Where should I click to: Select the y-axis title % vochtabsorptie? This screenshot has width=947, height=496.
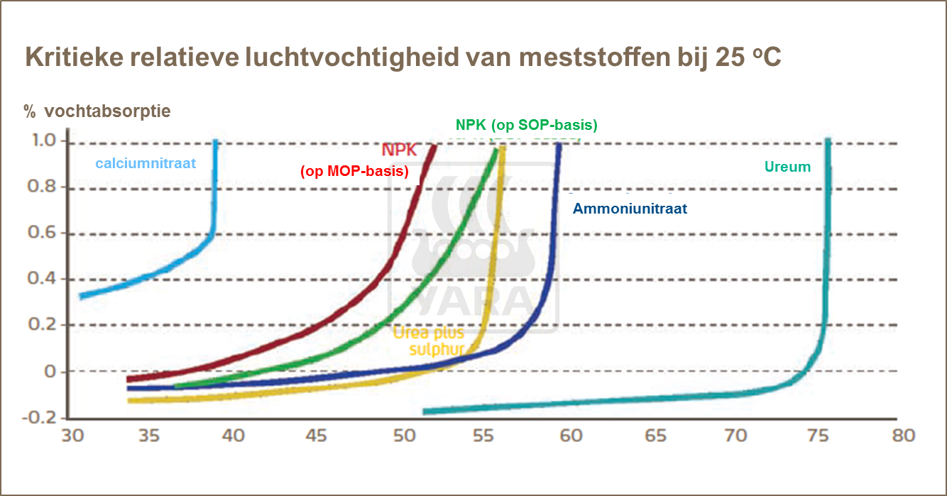point(97,111)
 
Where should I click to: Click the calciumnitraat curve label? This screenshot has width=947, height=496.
point(146,164)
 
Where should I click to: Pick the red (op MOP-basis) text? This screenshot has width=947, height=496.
point(354,171)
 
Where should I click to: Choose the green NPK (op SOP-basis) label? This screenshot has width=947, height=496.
point(526,126)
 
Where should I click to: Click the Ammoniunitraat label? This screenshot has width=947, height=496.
point(630,209)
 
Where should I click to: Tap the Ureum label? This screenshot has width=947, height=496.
point(787,167)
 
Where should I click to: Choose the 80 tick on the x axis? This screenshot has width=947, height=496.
point(904,435)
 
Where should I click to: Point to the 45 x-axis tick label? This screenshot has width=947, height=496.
point(317,435)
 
